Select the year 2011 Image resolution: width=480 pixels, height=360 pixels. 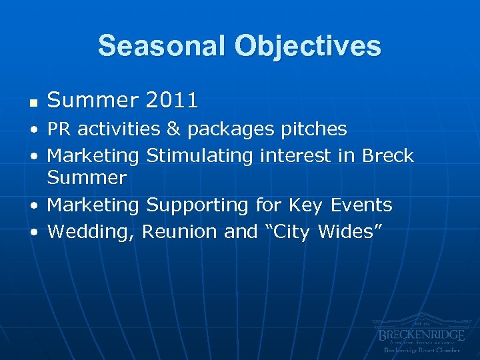(172, 101)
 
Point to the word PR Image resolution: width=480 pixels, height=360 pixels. (58, 129)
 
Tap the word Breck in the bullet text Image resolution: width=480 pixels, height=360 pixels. (387, 156)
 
